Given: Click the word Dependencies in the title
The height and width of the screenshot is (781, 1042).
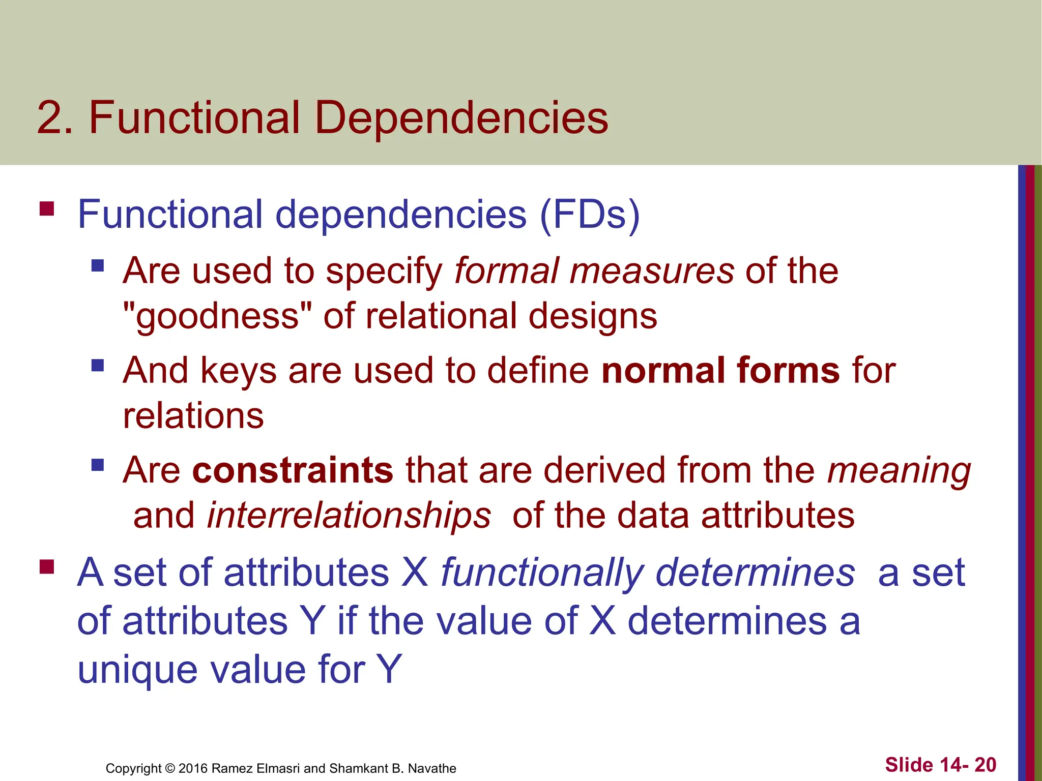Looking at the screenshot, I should (x=461, y=118).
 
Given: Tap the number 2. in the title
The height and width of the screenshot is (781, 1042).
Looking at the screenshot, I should (x=55, y=118).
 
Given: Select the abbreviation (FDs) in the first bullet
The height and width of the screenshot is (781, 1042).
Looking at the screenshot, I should (x=590, y=214).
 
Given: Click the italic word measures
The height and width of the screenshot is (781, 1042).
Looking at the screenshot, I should (x=652, y=271).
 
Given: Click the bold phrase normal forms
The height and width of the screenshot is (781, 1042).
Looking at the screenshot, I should (x=720, y=370).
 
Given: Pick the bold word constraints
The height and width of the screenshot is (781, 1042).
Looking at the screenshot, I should (x=293, y=470).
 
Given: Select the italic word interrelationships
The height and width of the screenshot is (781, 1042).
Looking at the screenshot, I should (x=349, y=516).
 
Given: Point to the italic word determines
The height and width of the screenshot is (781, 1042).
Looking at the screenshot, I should (x=756, y=573).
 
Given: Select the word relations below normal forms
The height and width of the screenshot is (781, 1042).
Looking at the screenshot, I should (x=193, y=415).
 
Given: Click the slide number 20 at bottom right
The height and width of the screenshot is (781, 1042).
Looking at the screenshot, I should (x=986, y=765).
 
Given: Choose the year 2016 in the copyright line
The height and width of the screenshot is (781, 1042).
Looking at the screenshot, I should (x=193, y=768).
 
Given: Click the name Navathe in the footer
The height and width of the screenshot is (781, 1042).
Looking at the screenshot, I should (x=432, y=768).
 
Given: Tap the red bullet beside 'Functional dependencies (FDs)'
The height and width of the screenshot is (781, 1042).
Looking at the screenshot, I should (x=47, y=209).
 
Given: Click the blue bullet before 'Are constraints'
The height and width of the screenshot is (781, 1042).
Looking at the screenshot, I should (x=98, y=465).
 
